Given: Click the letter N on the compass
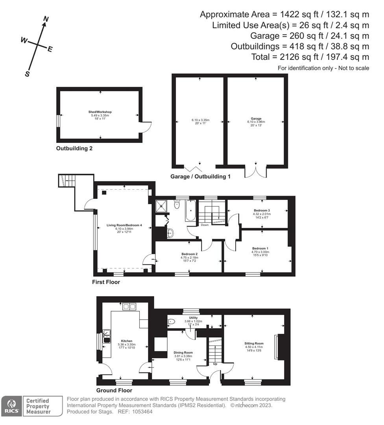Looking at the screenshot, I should pyautogui.click(x=46, y=19).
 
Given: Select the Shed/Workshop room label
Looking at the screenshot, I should pyautogui.click(x=100, y=112).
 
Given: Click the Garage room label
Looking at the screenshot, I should pyautogui.click(x=256, y=118).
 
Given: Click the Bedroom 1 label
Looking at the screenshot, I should pyautogui.click(x=260, y=248).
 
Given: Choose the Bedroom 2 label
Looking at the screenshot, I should pyautogui.click(x=189, y=254).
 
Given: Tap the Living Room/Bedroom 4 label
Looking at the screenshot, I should pyautogui.click(x=124, y=225).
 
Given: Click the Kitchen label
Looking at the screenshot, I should pyautogui.click(x=127, y=341).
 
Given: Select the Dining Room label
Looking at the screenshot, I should pyautogui.click(x=183, y=353).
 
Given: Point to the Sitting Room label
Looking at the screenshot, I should pyautogui.click(x=254, y=344).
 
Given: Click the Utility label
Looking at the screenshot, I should pyautogui.click(x=193, y=318).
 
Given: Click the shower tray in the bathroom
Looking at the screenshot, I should pyautogui.click(x=161, y=206).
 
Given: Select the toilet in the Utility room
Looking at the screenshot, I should pyautogui.click(x=171, y=322).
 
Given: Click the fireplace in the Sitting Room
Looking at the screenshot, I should pyautogui.click(x=278, y=346).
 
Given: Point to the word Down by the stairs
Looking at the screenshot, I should pyautogui.click(x=205, y=225).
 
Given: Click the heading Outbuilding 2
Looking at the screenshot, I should pyautogui.click(x=74, y=149).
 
